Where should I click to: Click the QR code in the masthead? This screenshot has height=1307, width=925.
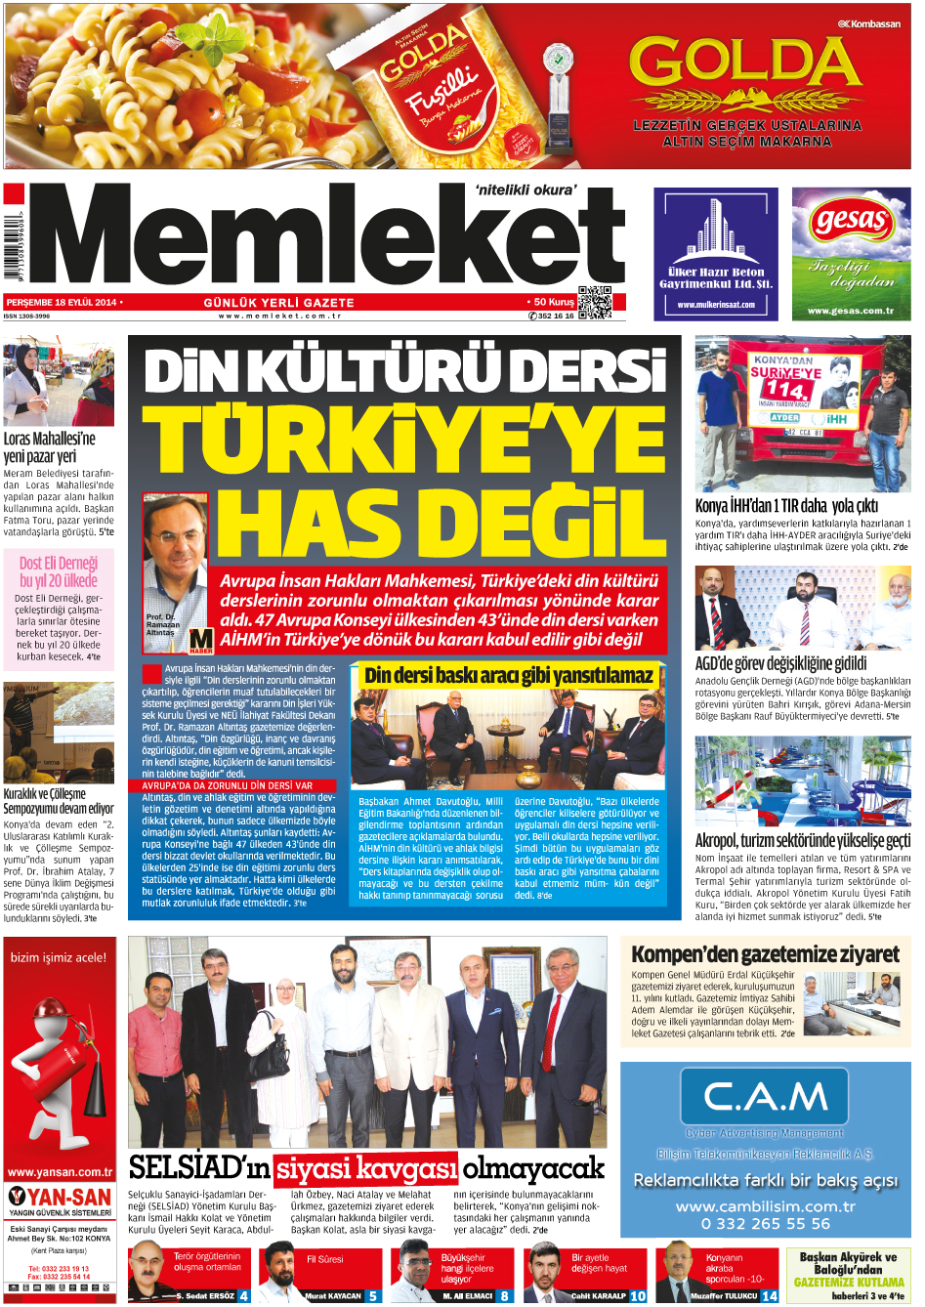pos(595,303)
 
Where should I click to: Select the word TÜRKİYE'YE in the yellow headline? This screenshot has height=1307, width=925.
pos(404,437)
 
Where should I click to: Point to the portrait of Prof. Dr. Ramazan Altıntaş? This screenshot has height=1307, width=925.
pos(175,557)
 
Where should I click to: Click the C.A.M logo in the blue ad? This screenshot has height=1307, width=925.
pos(765,1097)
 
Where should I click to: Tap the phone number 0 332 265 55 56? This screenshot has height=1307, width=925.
pos(765,1223)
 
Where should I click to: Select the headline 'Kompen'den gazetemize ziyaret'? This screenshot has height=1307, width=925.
pos(765,953)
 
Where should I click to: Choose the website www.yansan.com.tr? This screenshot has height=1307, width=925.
pos(60,1172)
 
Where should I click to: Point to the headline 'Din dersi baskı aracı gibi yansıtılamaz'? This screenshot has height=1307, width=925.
pos(508,675)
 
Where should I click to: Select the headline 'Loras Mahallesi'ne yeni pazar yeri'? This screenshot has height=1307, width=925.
pos(49,447)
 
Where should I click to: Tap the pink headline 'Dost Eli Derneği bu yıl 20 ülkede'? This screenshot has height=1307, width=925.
pos(59,571)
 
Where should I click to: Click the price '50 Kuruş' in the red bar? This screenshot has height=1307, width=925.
pos(553,302)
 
